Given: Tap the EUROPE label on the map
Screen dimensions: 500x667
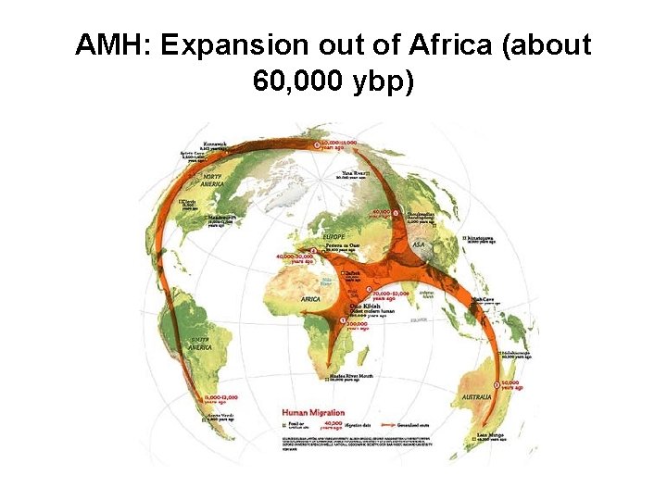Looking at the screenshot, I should (x=333, y=238).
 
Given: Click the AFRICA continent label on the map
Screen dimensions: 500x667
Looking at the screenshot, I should (x=311, y=299).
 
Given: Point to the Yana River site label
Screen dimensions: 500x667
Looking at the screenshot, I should (x=355, y=173).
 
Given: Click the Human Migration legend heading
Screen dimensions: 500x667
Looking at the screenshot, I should (x=313, y=413).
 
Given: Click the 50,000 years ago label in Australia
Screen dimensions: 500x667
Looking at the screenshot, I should (x=515, y=384).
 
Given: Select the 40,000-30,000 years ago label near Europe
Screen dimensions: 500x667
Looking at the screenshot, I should (x=298, y=258).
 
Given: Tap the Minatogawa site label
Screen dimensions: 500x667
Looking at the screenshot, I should (x=485, y=238).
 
